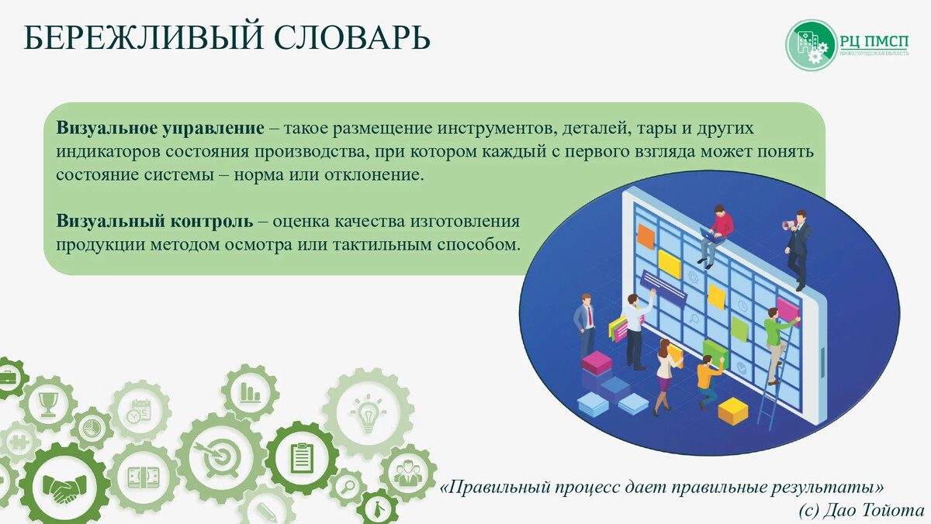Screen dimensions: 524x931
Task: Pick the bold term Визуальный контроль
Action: coord(154,221)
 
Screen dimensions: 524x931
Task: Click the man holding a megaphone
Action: coord(797,243)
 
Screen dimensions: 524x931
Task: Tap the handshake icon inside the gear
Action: coord(64,487)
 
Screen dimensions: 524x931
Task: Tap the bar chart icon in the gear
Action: coord(250,391)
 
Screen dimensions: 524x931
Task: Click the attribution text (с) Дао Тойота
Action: coord(860,509)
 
